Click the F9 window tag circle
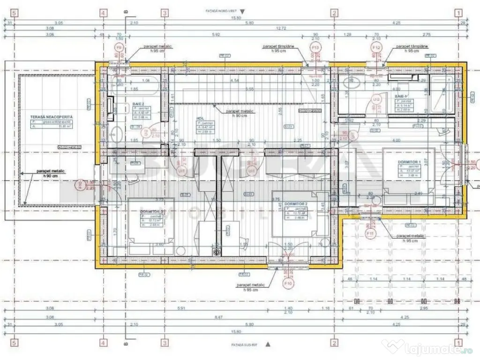119,48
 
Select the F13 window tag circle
315,48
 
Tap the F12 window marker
375,48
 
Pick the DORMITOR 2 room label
296,204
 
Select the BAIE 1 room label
399,96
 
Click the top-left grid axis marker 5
14,13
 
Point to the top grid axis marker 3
165,13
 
